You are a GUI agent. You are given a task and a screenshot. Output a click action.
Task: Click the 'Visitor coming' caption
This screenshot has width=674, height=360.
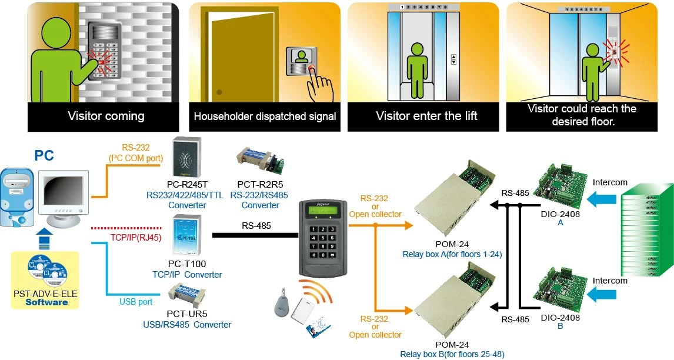(x=106, y=116)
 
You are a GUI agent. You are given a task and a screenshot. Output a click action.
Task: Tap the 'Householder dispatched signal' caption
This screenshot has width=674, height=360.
(x=265, y=116)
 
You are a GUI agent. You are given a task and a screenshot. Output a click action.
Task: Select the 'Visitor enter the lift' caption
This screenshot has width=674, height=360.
(x=426, y=116)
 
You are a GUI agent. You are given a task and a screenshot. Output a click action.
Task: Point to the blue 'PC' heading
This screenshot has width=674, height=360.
(x=45, y=155)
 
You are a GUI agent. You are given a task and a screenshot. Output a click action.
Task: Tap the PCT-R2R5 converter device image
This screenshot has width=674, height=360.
(x=260, y=159)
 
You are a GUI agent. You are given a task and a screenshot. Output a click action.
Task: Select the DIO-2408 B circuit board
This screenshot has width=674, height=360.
(x=559, y=288)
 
